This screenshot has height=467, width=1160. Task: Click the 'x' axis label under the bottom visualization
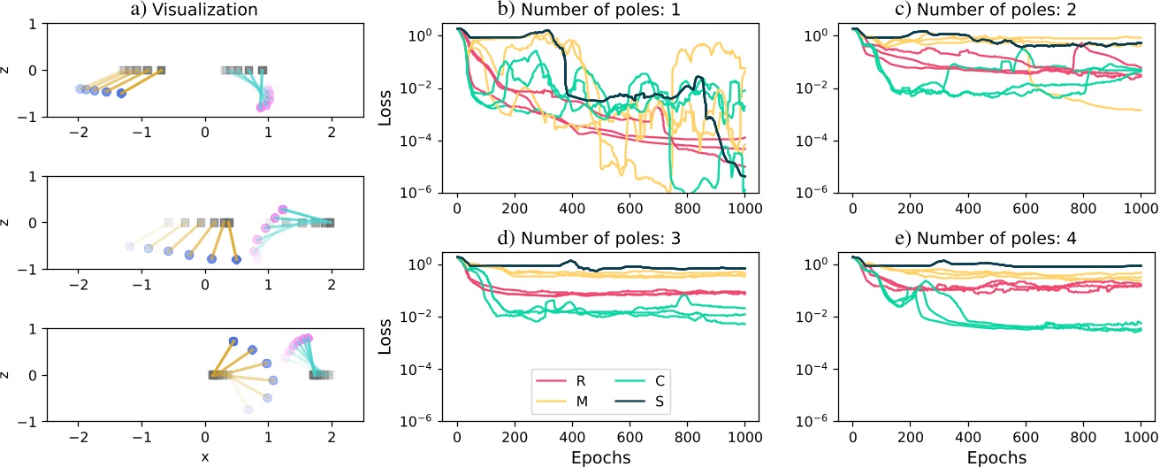[204, 456]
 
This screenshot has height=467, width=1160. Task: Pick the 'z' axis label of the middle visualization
[8, 222]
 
